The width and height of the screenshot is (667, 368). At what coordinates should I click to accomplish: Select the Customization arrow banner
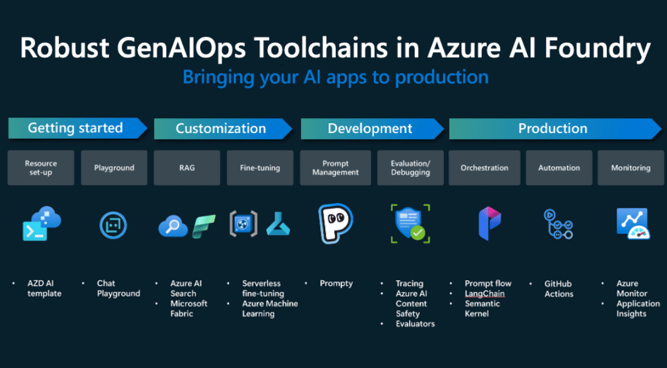point(223,129)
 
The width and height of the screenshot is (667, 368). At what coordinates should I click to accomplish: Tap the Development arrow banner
point(373,129)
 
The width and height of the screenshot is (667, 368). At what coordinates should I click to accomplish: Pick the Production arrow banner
point(555,129)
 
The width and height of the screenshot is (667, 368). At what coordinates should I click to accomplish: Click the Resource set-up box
point(41,168)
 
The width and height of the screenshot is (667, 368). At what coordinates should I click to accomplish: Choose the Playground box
point(114,168)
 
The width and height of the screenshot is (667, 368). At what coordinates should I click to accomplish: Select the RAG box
point(187,168)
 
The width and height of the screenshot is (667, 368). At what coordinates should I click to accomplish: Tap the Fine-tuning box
point(260,168)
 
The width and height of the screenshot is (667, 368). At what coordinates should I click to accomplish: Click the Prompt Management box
point(335,168)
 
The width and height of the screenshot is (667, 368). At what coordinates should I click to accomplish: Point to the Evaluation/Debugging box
point(410,168)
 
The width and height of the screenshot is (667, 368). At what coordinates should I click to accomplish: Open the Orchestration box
point(484,168)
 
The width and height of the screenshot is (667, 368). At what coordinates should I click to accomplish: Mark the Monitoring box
point(631,168)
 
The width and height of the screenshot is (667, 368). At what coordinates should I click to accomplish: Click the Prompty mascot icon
point(335,223)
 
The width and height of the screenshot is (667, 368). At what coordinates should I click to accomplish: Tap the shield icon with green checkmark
point(410,223)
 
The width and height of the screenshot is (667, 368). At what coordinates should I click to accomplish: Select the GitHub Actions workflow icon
point(558,224)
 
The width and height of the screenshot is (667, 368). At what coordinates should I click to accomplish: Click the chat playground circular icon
point(113,225)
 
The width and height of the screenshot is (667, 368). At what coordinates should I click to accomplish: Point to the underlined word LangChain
point(484,293)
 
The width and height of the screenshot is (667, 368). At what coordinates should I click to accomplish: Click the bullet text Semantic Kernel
point(483,309)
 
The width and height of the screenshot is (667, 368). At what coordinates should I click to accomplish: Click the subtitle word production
point(442,78)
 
